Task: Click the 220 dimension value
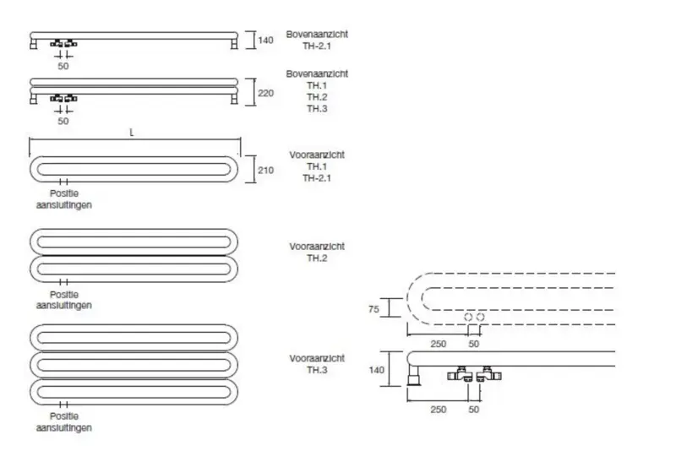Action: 264,94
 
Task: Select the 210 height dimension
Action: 264,170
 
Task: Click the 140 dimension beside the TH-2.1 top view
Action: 265,40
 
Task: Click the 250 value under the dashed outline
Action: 437,344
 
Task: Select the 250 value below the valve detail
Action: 437,409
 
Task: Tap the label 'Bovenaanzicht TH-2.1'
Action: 316,40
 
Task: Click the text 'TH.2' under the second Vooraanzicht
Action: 316,257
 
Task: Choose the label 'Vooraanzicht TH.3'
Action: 316,364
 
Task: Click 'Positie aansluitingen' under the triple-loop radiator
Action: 63,421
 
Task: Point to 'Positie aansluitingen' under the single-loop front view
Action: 63,198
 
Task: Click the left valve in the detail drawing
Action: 463,374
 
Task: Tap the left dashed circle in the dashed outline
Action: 467,316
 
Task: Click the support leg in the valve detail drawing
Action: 414,373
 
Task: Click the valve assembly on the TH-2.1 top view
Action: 63,42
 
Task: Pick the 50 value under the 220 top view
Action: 63,121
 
